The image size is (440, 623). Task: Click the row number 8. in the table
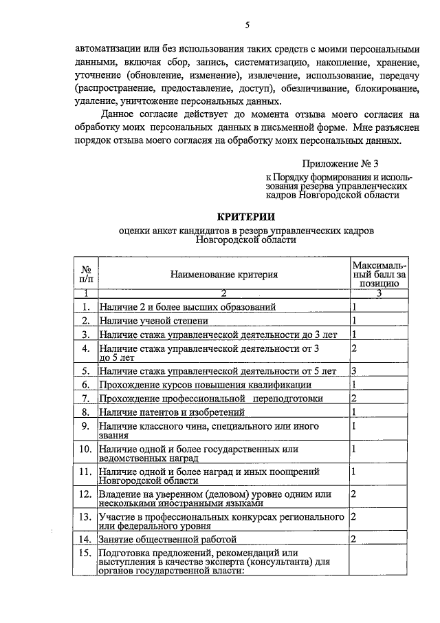(x=86, y=412)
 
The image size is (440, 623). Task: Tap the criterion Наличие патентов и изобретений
(x=172, y=412)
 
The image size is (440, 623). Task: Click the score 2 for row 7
(x=353, y=399)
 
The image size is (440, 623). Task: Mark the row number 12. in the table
(x=86, y=495)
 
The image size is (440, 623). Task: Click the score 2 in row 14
(x=353, y=538)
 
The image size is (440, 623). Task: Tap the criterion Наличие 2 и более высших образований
(x=187, y=307)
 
